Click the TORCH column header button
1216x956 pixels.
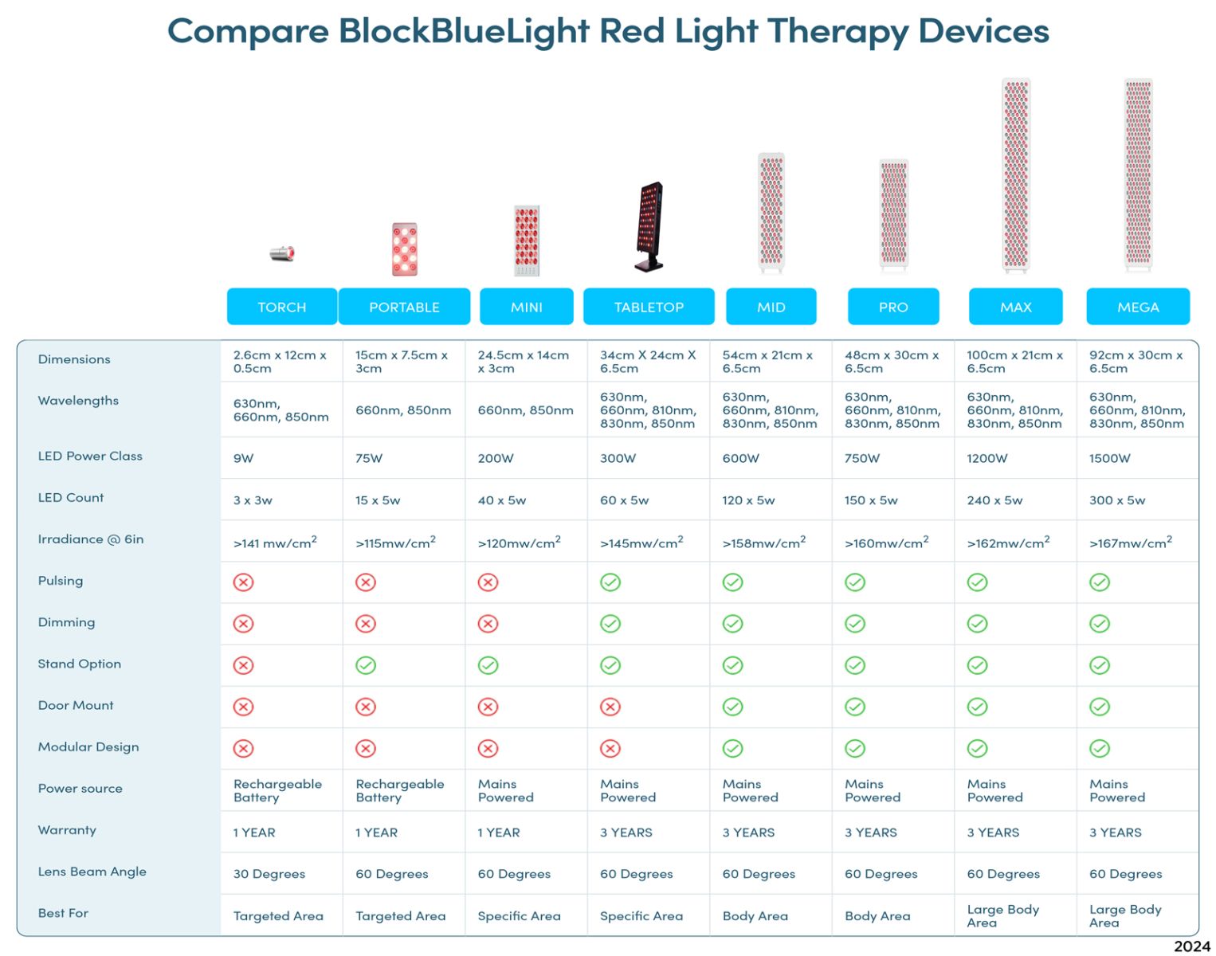(x=281, y=306)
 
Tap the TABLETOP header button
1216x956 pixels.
(x=648, y=306)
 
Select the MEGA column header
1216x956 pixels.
(x=1137, y=306)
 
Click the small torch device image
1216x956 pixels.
(x=282, y=253)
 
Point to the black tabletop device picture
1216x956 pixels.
(x=649, y=226)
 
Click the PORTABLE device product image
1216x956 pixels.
(x=405, y=249)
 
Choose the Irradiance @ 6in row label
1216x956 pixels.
(x=91, y=539)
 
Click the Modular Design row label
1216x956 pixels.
(x=88, y=747)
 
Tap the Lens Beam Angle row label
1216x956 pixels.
(x=92, y=872)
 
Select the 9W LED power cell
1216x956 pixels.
(x=244, y=458)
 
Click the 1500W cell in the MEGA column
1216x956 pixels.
(x=1110, y=458)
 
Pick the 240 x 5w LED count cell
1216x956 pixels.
(x=994, y=500)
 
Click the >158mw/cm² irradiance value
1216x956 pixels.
(x=764, y=542)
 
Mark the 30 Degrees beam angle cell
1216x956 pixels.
(x=269, y=873)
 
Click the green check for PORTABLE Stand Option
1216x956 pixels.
(x=366, y=665)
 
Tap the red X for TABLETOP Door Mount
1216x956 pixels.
(x=610, y=707)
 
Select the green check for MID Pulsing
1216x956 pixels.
(x=732, y=582)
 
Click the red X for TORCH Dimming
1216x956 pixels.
(x=244, y=623)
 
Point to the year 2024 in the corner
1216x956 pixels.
(x=1192, y=946)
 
